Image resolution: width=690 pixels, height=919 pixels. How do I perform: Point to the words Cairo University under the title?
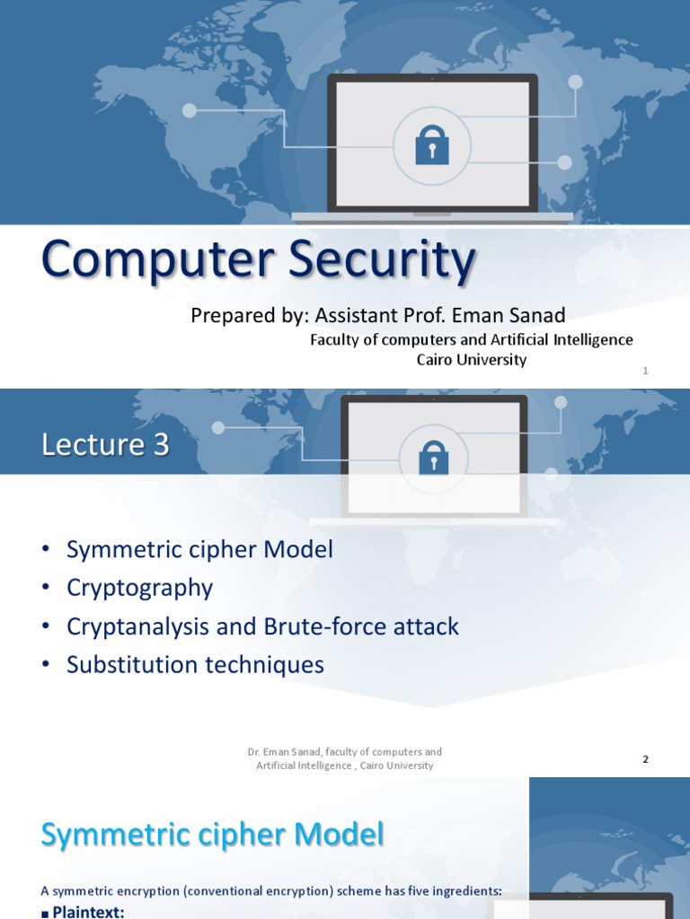[x=471, y=359]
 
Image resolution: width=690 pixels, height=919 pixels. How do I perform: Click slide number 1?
[x=645, y=370]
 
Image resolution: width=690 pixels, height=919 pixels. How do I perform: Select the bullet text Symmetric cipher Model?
[x=199, y=549]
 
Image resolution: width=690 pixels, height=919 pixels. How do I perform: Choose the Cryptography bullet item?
[x=139, y=588]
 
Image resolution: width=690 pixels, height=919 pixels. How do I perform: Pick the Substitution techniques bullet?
[x=195, y=665]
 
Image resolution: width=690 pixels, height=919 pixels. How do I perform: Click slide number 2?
[x=645, y=759]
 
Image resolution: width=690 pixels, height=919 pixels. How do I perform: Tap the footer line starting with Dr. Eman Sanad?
[x=345, y=758]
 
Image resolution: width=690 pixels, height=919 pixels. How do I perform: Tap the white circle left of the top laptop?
[x=189, y=110]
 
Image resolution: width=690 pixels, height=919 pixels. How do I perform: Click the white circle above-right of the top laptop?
[x=575, y=82]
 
